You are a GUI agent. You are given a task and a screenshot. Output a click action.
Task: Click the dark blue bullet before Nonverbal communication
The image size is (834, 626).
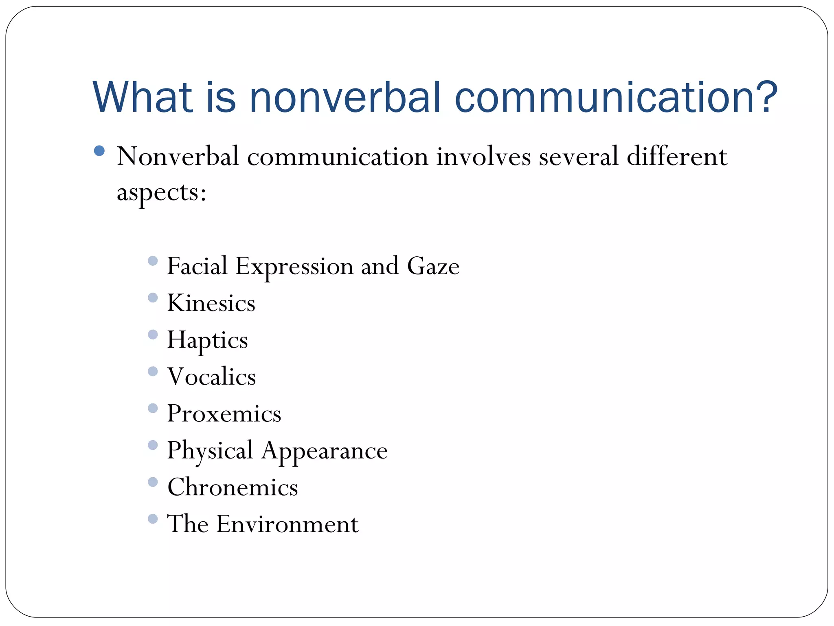99,151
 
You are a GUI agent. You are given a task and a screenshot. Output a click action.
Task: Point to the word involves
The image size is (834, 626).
483,156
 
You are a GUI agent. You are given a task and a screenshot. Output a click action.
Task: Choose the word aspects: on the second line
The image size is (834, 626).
162,192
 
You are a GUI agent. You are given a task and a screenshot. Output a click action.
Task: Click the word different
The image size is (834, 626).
677,156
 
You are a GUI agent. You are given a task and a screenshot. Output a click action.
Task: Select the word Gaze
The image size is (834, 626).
433,266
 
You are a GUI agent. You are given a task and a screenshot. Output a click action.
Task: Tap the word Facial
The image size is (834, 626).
197,266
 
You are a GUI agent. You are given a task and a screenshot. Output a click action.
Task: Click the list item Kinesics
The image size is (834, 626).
211,303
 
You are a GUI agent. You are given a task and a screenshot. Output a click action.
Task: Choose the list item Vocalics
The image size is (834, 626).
212,377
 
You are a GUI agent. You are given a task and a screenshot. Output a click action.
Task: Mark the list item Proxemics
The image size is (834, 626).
224,414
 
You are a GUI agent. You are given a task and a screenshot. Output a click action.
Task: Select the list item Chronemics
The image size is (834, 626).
233,487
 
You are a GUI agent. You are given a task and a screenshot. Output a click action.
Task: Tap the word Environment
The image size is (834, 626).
288,524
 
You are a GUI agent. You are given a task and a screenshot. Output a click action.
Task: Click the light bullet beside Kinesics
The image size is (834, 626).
153,298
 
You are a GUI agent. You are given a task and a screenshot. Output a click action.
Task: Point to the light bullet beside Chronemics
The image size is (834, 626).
153,482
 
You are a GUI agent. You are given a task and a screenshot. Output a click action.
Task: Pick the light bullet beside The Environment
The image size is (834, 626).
153,519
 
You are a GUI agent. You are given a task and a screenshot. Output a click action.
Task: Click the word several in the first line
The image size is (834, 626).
579,156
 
